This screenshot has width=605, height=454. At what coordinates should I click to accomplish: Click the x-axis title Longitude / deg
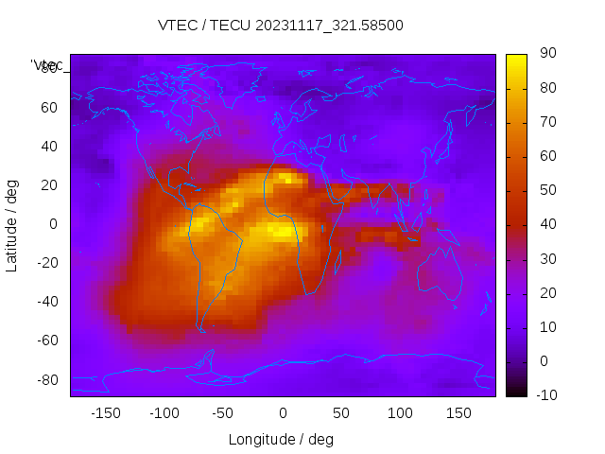281,439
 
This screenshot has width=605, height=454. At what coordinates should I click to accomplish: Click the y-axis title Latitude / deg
12,224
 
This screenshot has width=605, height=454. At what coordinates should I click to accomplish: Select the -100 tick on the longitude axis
164,413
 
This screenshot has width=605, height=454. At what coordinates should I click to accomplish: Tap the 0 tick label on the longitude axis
283,413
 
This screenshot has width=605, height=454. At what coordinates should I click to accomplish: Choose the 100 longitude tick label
400,413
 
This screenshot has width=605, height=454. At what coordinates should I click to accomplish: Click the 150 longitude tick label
458,413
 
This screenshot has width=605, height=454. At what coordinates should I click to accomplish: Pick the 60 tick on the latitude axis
49,108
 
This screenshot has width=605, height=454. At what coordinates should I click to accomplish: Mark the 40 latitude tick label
49,147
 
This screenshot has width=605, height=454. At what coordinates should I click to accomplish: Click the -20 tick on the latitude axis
45,263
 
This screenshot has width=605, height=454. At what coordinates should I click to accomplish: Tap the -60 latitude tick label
45,340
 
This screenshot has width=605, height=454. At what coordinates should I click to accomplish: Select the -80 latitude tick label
45,379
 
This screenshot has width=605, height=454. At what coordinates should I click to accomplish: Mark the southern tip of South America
201,330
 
